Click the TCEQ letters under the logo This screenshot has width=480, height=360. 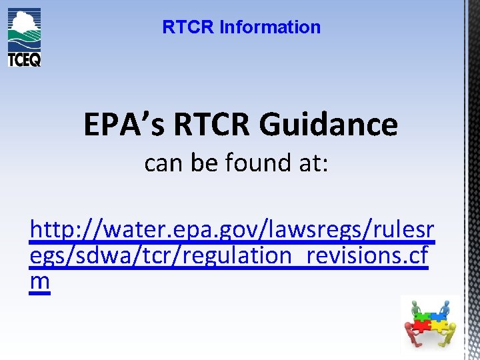[24, 59]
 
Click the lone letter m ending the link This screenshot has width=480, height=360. [40, 281]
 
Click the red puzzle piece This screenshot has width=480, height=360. [421, 326]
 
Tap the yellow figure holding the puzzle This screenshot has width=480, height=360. [451, 331]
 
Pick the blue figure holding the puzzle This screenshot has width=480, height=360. [445, 307]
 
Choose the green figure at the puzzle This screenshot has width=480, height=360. [415, 309]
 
